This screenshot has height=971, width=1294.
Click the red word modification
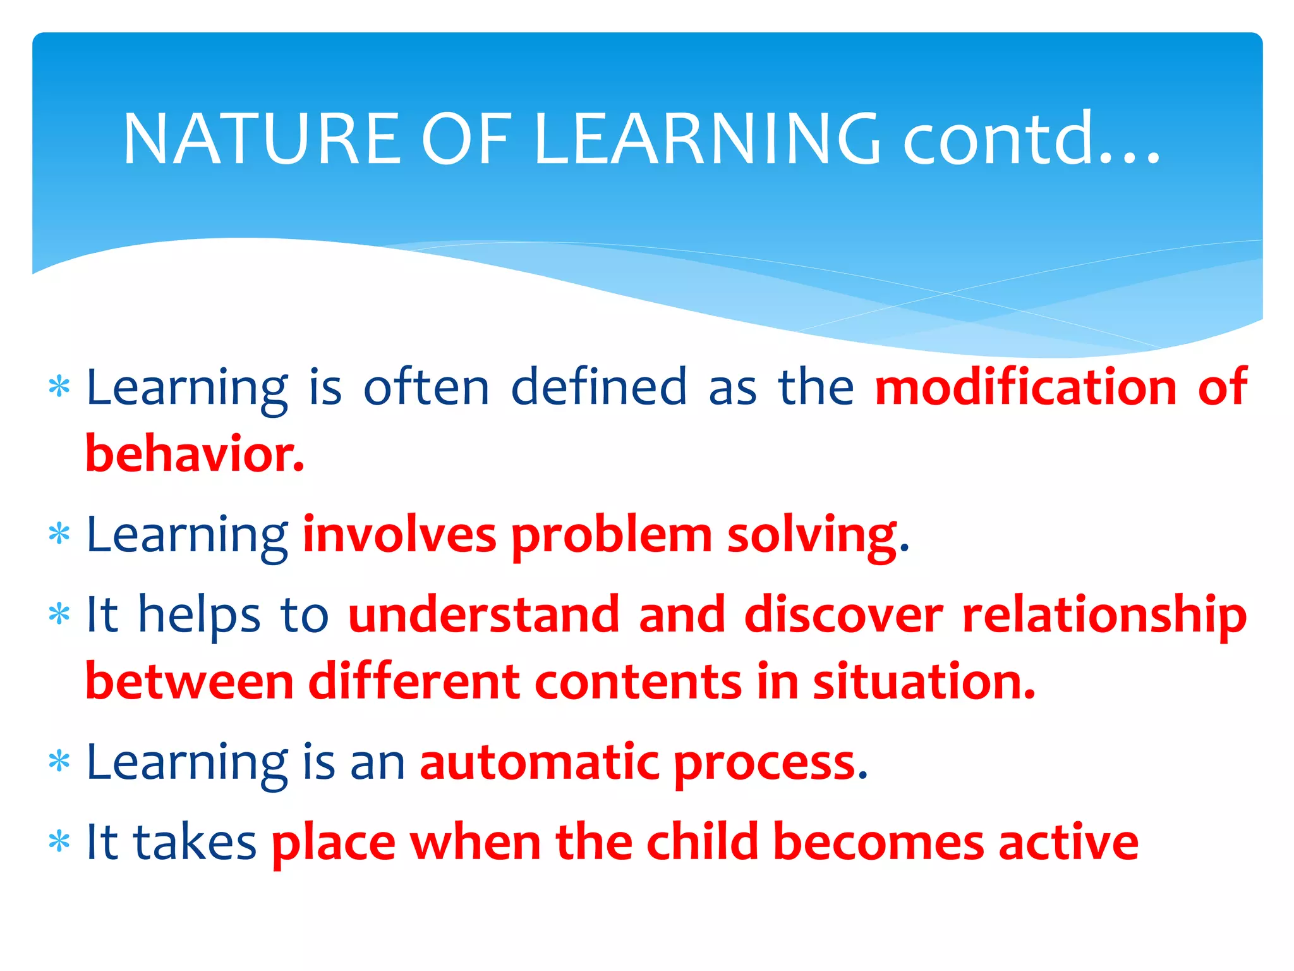(x=1025, y=387)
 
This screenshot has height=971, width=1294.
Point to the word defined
(x=598, y=387)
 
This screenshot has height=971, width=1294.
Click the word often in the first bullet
(x=426, y=387)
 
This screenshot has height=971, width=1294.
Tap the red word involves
(x=399, y=535)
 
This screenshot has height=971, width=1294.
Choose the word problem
(x=612, y=536)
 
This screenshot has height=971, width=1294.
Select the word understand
(x=484, y=614)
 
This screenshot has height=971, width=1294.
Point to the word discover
(x=844, y=614)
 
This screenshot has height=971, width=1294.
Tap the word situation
(x=922, y=682)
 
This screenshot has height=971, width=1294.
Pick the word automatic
(x=540, y=762)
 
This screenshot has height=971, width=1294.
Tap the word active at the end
(x=1068, y=843)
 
